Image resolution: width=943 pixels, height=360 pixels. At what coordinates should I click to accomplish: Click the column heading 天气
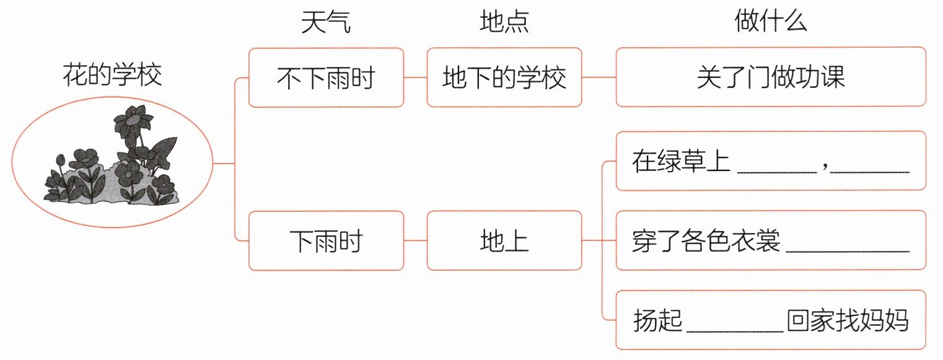click(x=326, y=22)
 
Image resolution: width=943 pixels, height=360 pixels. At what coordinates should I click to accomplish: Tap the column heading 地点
click(x=504, y=22)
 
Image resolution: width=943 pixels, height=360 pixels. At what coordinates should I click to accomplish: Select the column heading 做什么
click(x=770, y=20)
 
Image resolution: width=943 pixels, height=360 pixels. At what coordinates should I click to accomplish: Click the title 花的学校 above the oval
click(x=112, y=75)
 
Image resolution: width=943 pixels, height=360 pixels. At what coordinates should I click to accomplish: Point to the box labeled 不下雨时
click(x=327, y=77)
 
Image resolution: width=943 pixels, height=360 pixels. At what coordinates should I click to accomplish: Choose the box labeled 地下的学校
click(x=504, y=77)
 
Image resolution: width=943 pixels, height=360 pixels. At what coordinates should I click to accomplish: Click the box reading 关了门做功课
click(x=771, y=77)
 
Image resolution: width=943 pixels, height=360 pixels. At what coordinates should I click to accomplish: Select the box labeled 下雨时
click(x=327, y=241)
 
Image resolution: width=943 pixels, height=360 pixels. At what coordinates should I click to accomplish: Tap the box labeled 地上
click(x=504, y=241)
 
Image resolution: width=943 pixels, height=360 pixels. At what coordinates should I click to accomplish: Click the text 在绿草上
click(x=681, y=161)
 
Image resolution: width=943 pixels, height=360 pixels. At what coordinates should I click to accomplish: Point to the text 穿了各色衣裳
click(x=706, y=240)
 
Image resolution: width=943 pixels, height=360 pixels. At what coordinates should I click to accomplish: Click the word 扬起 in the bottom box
click(x=657, y=320)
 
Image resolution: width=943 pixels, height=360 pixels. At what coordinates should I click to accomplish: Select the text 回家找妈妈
click(x=848, y=320)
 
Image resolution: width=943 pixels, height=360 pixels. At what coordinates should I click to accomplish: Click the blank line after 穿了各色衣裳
click(x=848, y=252)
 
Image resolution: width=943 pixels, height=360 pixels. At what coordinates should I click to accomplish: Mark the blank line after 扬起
click(x=735, y=331)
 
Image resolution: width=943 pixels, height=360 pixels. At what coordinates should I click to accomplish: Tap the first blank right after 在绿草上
click(x=777, y=172)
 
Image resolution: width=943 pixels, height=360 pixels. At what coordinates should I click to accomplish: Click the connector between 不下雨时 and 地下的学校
click(x=416, y=77)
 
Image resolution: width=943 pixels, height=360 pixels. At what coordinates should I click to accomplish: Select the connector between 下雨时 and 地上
click(x=416, y=241)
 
